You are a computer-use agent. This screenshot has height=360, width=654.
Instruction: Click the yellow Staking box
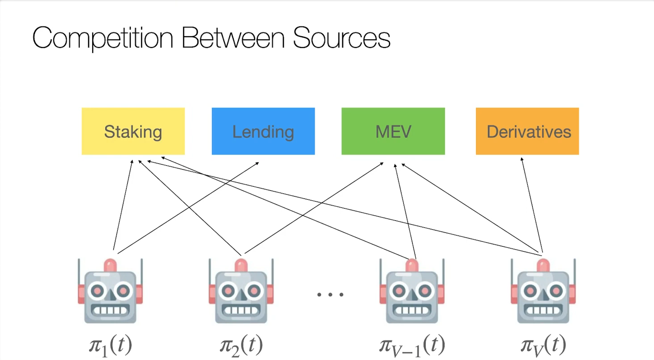pyautogui.click(x=133, y=131)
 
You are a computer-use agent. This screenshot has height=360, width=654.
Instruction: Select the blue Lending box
pyautogui.click(x=263, y=131)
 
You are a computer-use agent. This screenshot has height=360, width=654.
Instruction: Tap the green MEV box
pyautogui.click(x=393, y=131)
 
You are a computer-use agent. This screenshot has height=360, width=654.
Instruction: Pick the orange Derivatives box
pyautogui.click(x=527, y=131)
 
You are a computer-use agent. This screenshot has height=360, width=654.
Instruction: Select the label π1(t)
pyautogui.click(x=111, y=346)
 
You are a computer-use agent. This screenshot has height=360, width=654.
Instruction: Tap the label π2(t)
pyautogui.click(x=241, y=346)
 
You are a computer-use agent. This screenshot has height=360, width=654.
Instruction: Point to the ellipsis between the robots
pyautogui.click(x=330, y=295)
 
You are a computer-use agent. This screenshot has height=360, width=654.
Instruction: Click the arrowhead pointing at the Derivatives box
pyautogui.click(x=521, y=159)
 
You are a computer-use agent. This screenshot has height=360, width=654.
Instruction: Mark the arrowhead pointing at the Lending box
pyautogui.click(x=257, y=163)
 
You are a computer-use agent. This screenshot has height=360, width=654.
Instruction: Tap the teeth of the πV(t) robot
pyautogui.click(x=543, y=309)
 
